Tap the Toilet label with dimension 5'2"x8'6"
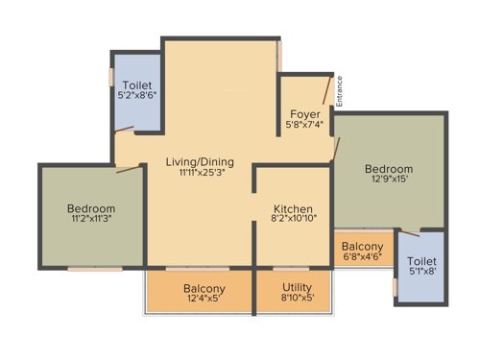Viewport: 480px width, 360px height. [x=136, y=85]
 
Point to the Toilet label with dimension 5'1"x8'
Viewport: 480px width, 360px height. [x=420, y=261]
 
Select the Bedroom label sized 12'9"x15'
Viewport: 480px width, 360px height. [x=389, y=168]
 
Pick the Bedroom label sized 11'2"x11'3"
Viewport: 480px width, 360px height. [x=91, y=208]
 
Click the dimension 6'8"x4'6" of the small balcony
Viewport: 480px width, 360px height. [x=363, y=258]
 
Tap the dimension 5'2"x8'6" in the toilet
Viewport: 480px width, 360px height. [x=136, y=97]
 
